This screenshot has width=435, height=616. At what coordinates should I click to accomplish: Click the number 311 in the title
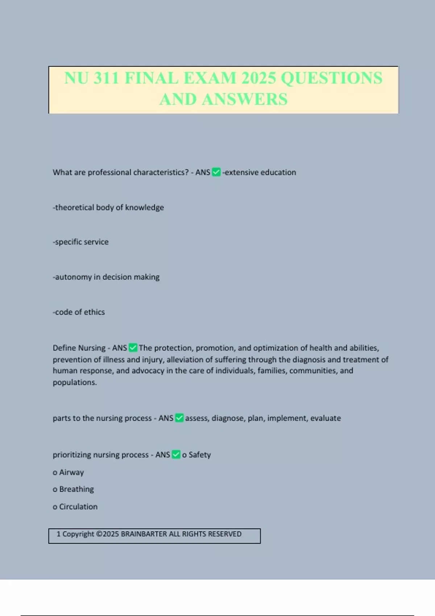pos(106,78)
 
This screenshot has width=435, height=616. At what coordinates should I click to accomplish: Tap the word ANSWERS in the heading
pos(245,99)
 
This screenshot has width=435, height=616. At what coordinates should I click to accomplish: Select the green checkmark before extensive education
pos(216,172)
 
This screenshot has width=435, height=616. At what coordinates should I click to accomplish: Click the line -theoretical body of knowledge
pos(108,207)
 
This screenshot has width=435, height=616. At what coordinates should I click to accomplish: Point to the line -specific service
pos(81,242)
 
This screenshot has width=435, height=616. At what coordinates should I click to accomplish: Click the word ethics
pos(94,312)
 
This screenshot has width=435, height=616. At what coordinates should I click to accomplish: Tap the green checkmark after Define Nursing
pos(133,348)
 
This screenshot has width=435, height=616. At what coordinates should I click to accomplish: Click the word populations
pos(75,382)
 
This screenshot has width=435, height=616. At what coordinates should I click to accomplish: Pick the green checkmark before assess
pos(179,418)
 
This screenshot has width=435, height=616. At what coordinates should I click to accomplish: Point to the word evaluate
pos(326,418)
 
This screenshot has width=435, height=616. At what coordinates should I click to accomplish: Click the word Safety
pos(200,455)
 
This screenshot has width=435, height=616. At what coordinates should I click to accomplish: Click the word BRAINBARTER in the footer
pos(144,534)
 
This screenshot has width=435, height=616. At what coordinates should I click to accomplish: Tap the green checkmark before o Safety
pos(176,455)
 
